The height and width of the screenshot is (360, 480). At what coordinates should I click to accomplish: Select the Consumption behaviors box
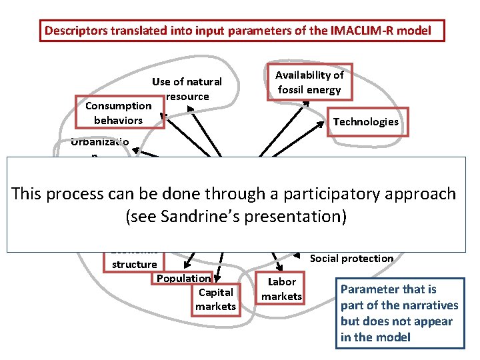tap(118, 113)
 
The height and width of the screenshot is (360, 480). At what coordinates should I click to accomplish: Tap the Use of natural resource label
tap(187, 89)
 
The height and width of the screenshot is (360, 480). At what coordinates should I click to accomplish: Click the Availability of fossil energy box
tap(309, 83)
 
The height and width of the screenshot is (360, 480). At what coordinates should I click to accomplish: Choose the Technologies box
tap(365, 121)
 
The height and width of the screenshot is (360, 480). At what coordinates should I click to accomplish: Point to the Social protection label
tap(351, 258)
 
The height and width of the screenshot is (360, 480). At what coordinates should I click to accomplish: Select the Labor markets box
tap(281, 289)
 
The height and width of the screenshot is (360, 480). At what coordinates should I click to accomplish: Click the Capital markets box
tap(215, 299)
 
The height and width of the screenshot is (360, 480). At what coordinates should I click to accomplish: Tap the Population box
tap(183, 278)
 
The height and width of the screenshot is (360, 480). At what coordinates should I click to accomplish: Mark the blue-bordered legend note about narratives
tap(399, 313)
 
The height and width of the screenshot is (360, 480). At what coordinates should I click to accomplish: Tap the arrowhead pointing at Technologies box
tap(331, 129)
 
